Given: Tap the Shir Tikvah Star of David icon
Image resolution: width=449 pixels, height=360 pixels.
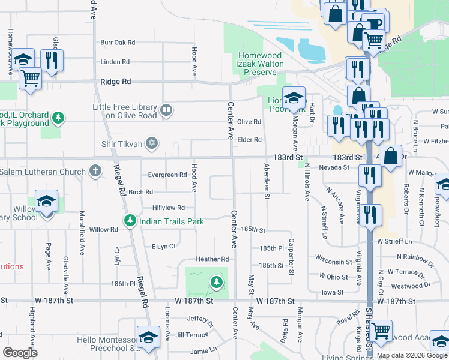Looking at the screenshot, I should point(152,142).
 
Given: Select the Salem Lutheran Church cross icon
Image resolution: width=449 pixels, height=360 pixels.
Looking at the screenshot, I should point(94,172).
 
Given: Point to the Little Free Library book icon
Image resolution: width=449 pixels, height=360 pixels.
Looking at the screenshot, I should point(166,110).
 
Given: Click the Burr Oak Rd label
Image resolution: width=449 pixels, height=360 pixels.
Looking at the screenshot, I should point(118,43).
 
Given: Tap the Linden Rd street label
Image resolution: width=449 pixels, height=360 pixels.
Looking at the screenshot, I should point(115,62).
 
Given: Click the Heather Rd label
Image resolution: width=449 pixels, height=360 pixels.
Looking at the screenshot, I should point(212,259).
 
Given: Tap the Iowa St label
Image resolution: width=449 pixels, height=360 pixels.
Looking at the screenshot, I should point(331,292).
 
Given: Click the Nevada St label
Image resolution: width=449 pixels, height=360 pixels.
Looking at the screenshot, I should point(334,167).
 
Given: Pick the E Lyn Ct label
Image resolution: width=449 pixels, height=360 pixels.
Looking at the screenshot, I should point(163,247).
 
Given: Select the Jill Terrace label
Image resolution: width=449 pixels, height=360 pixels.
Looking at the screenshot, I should point(193,335).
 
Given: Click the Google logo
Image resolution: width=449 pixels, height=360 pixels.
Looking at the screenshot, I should point(20,353).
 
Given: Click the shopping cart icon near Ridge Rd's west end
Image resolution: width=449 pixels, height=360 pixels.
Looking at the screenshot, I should point(29,78).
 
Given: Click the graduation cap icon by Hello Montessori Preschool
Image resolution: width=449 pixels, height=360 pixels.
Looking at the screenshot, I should point(148,337).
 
